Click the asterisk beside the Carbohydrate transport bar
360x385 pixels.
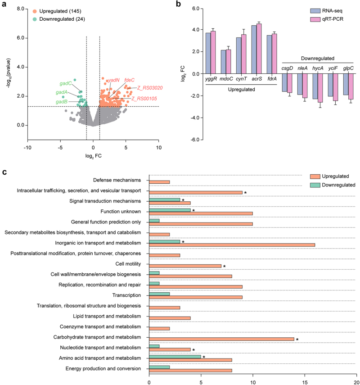click(x=297, y=340)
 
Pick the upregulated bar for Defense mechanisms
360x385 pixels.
click(x=159, y=182)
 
